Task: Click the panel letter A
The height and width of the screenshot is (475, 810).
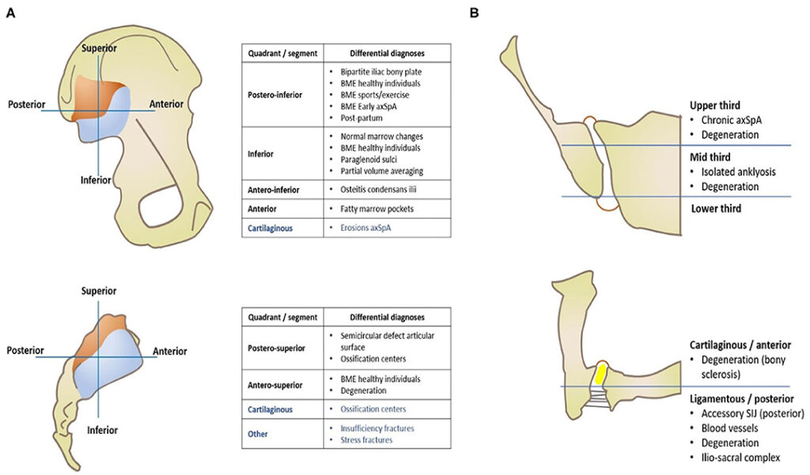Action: [x=9, y=13]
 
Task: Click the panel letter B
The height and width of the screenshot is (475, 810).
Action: [x=475, y=13]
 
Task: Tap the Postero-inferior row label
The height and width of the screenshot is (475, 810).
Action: [x=274, y=95]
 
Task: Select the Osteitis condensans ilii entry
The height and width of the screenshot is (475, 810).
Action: [x=378, y=190]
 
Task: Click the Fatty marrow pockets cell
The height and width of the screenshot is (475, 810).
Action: [x=377, y=209]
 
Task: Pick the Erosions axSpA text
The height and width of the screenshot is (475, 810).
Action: [x=365, y=228]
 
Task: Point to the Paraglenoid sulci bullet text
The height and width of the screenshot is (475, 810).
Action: [x=369, y=160]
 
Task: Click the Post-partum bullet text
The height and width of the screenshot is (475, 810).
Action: [x=361, y=118]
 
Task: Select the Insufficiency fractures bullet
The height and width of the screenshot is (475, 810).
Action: [x=377, y=428]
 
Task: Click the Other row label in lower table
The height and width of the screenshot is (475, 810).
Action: [x=257, y=434]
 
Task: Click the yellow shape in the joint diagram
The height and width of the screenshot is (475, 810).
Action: [x=600, y=373]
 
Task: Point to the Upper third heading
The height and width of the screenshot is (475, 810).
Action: [x=715, y=105]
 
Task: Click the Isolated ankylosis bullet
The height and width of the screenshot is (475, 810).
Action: [x=738, y=172]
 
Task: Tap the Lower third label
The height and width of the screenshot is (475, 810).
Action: [x=716, y=209]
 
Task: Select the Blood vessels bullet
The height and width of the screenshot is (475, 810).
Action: [x=729, y=428]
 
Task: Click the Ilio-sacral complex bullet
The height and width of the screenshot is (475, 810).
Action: [x=740, y=458]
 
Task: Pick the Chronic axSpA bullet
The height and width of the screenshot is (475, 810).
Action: [x=731, y=120]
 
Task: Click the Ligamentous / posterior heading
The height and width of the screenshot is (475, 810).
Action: [x=742, y=398]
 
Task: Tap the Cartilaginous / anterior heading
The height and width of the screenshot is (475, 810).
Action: [x=740, y=345]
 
